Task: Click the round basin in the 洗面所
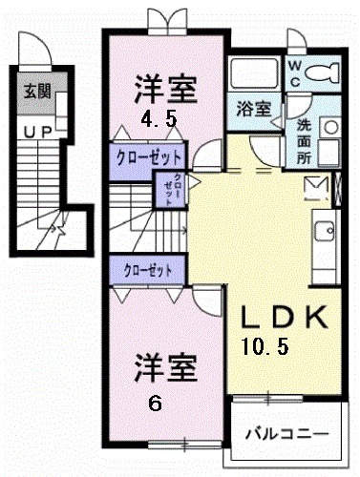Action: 330,124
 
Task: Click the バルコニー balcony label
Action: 286,432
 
